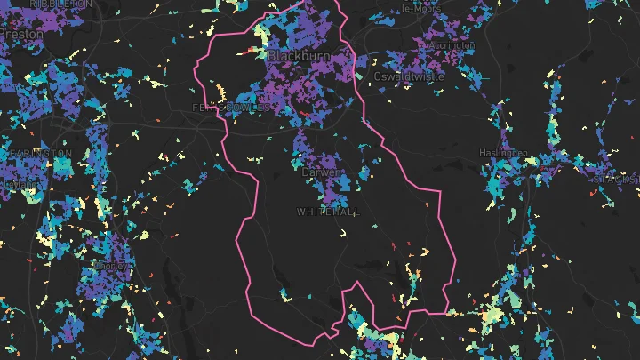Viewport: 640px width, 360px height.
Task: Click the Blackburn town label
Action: pyautogui.click(x=298, y=56)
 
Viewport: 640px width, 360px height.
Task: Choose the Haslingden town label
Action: pyautogui.click(x=504, y=152)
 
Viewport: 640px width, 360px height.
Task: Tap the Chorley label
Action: pyautogui.click(x=116, y=266)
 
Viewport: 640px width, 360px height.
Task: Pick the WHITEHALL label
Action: pyautogui.click(x=328, y=212)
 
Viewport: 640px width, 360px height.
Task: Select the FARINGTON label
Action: pyautogui.click(x=39, y=154)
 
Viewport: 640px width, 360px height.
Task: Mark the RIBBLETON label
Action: pyautogui.click(x=60, y=4)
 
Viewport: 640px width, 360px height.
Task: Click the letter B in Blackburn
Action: pyautogui.click(x=272, y=56)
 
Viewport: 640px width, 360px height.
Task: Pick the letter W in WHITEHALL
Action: pyautogui.click(x=300, y=212)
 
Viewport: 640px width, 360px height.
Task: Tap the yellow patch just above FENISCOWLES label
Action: pyautogui.click(x=220, y=92)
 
